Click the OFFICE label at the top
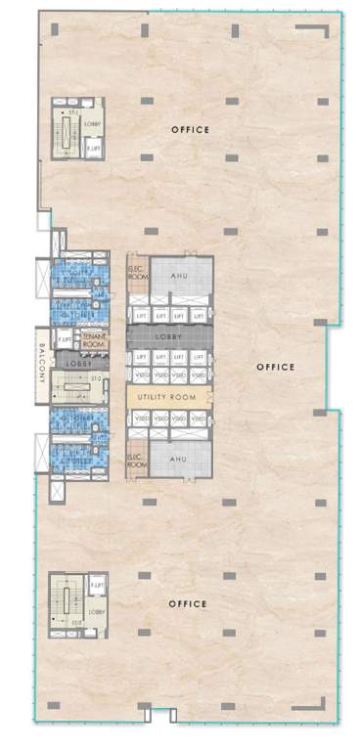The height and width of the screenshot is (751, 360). (x=190, y=130)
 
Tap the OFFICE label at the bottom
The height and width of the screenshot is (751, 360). (x=188, y=604)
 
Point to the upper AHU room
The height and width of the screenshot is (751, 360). (x=178, y=277)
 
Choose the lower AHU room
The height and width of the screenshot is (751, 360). (x=178, y=459)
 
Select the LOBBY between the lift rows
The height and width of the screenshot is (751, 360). (x=169, y=336)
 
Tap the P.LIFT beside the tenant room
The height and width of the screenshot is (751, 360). (x=65, y=339)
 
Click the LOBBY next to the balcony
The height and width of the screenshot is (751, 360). (x=78, y=361)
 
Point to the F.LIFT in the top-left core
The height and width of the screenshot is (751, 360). (x=94, y=147)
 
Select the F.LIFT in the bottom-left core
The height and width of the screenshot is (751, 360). (x=96, y=587)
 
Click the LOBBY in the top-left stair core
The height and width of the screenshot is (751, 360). (x=94, y=124)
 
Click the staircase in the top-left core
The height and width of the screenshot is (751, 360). (x=71, y=134)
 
